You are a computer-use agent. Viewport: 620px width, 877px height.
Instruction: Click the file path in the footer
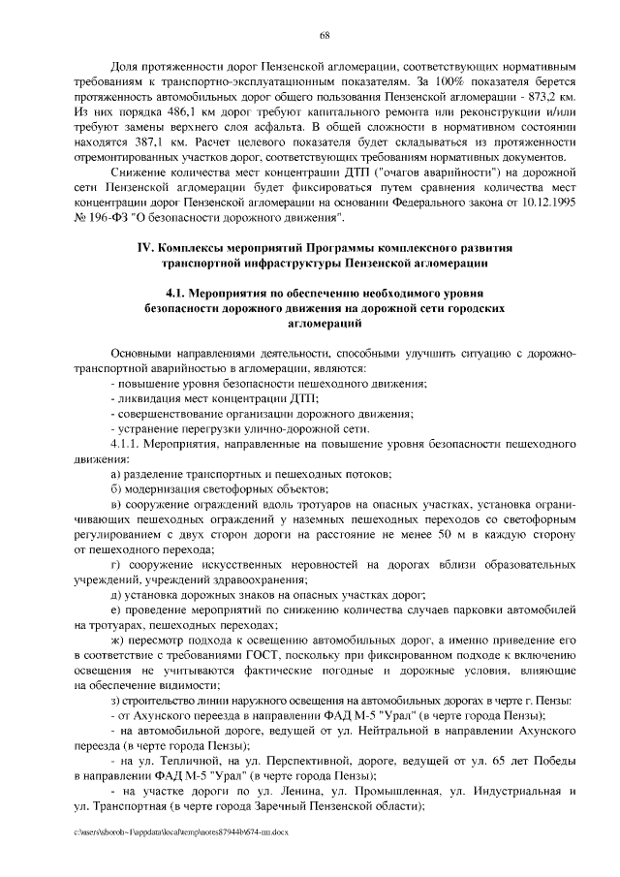coord(181,831)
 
